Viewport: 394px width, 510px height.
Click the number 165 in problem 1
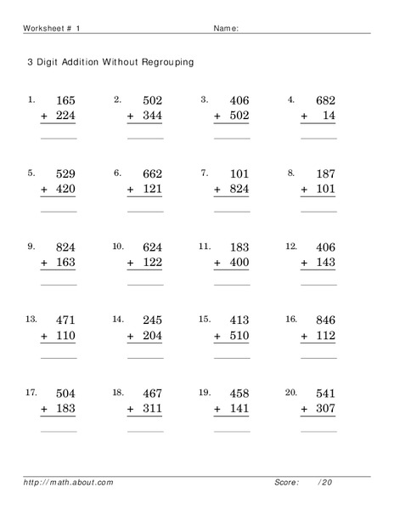click(x=65, y=100)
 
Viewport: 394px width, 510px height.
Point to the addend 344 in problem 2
click(x=151, y=116)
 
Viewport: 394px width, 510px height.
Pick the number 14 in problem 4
click(x=329, y=116)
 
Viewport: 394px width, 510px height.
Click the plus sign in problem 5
click(x=44, y=190)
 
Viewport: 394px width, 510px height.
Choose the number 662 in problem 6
click(x=151, y=174)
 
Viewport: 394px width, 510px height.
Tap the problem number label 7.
click(x=204, y=173)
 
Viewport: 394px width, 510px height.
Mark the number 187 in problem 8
click(x=325, y=174)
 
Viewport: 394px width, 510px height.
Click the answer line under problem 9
click(x=59, y=284)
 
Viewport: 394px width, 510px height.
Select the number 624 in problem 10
click(x=151, y=247)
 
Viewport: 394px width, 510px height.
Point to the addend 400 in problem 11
click(x=239, y=263)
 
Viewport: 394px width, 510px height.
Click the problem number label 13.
click(x=31, y=319)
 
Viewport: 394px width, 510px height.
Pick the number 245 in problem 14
click(x=151, y=320)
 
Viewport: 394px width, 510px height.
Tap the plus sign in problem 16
click(x=305, y=336)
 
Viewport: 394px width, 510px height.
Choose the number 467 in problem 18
click(x=151, y=394)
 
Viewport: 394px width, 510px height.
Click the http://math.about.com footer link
click(x=69, y=482)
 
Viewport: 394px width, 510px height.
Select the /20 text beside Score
click(x=325, y=482)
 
